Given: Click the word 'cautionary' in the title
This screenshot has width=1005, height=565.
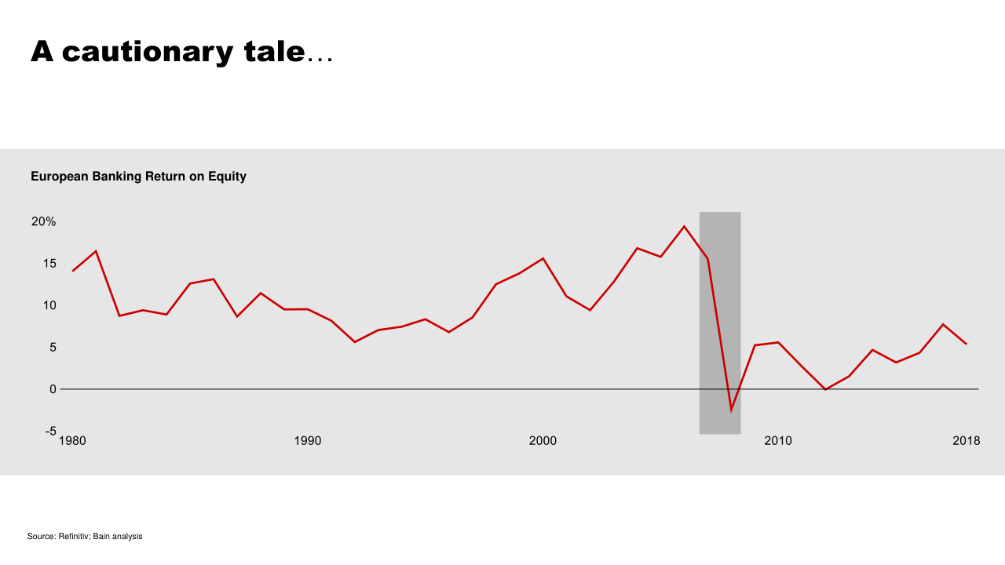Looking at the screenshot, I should point(147,52).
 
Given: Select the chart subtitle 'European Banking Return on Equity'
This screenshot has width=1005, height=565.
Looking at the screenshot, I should point(138,177).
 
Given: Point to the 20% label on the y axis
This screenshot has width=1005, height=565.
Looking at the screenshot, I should point(44,222).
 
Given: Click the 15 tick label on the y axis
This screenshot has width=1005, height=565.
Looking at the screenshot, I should point(49,264).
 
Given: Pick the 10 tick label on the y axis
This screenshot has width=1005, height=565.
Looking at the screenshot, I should point(49,305).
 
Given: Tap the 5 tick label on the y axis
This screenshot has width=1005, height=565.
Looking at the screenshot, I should point(53,347).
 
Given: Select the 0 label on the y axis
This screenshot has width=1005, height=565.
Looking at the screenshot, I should point(53,389).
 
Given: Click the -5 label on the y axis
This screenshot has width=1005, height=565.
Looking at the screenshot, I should point(50,431).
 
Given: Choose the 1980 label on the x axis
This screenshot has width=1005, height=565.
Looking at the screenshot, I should point(72,441).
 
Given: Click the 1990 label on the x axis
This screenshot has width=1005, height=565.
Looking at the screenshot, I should point(308,441).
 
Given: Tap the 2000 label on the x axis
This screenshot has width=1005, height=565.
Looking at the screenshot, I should point(543,441).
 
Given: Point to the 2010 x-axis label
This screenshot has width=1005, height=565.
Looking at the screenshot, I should point(778,441).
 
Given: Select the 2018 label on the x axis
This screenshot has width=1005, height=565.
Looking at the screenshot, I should point(966,441).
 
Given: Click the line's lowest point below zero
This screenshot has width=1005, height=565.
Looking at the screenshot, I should point(731,410).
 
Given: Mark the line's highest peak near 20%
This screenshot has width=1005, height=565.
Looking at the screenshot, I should point(684,227).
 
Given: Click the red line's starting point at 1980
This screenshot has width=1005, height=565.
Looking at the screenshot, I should point(72,271).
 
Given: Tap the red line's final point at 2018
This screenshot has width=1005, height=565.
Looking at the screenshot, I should point(967,344).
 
